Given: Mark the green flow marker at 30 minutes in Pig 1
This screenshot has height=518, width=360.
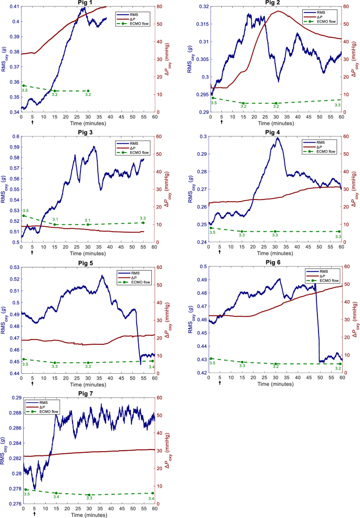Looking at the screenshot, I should [x=88, y=91].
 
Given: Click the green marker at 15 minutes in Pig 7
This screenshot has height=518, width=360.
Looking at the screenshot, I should [x=56, y=493].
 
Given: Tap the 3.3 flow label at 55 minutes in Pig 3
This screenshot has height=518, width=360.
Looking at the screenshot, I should [x=142, y=217].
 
